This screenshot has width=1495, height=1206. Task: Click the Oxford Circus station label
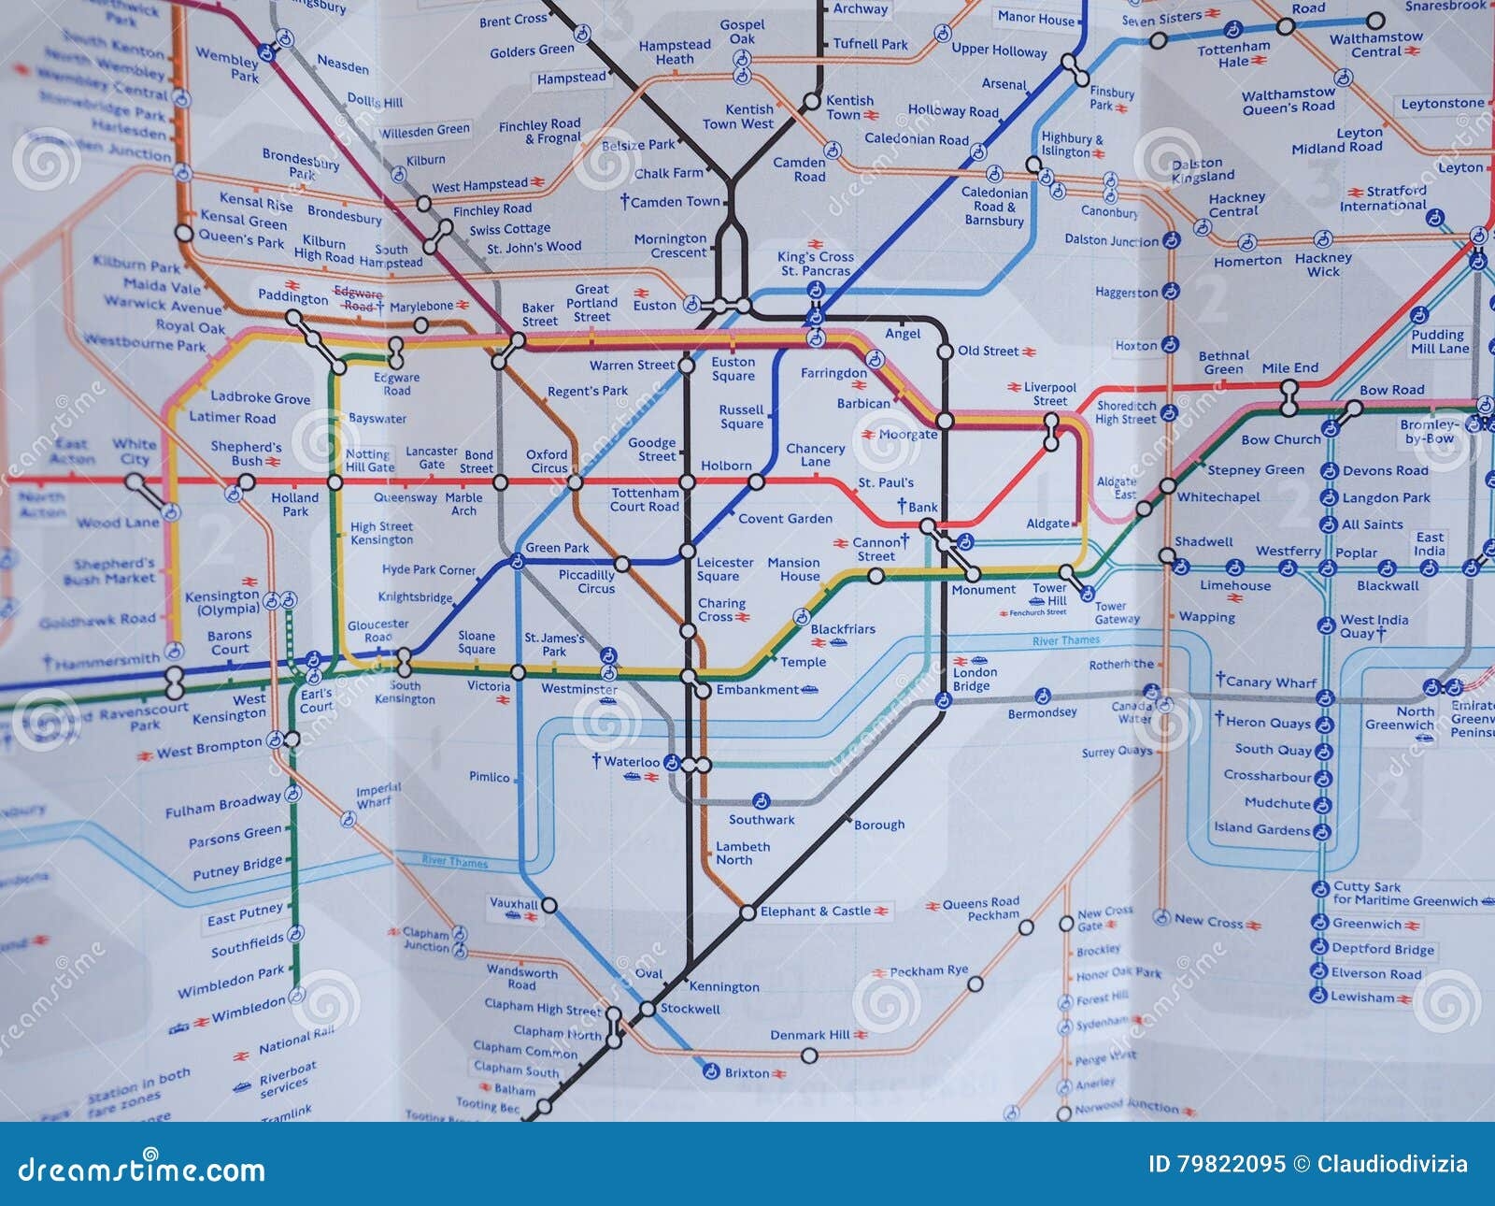pyautogui.click(x=547, y=462)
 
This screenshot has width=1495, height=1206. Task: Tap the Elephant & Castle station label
pyautogui.click(x=815, y=912)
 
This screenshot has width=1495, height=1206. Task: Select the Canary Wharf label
pyautogui.click(x=1271, y=682)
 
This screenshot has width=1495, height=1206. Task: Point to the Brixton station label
pyautogui.click(x=747, y=1073)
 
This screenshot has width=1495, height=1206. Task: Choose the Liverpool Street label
pyautogui.click(x=1050, y=394)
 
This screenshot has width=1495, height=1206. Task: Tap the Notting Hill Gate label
pyautogui.click(x=369, y=460)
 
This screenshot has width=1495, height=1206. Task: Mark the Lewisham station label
pyautogui.click(x=1362, y=998)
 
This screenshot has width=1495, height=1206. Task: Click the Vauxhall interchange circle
pyautogui.click(x=549, y=905)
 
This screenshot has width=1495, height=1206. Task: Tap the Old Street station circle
pyautogui.click(x=944, y=352)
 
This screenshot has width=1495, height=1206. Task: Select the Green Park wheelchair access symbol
pyautogui.click(x=515, y=562)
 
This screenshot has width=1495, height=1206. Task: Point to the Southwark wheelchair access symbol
pyautogui.click(x=761, y=800)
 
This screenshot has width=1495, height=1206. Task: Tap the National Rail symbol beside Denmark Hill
pyautogui.click(x=865, y=1035)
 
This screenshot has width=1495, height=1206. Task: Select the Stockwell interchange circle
pyautogui.click(x=647, y=1009)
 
